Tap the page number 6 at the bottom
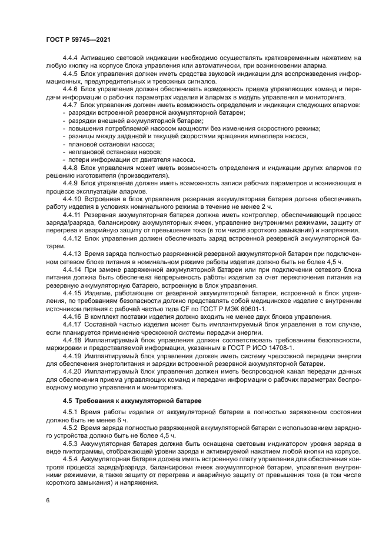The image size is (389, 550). [47, 501]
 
